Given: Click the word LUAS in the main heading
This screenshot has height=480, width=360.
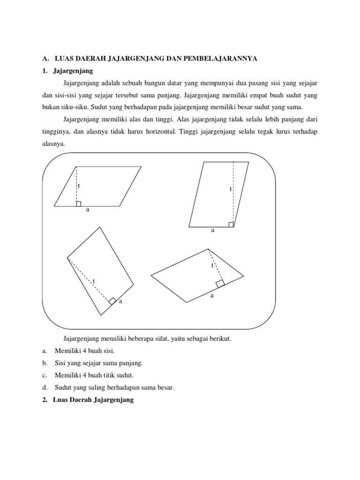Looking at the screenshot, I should pos(64,59).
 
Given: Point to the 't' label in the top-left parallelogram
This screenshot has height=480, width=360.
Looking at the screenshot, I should pos(79,186).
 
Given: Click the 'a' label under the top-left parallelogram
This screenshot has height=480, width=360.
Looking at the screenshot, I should pos(87,210).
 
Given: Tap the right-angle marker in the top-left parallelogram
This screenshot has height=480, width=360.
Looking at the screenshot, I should pos(79,203).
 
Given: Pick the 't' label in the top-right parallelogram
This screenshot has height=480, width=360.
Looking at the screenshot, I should pos(230,189).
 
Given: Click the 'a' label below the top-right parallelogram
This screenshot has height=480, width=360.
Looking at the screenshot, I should pos(213,230).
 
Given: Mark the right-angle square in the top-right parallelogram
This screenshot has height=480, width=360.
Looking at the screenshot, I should pos(231,224).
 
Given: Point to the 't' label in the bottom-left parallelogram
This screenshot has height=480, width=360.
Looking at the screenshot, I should pos(94,281).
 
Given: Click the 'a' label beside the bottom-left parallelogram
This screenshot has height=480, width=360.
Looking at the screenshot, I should pos(120,301).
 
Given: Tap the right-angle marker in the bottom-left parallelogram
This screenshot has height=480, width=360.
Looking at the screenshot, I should pos(112,301).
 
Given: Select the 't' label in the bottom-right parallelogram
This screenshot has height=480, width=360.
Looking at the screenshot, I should pos(212,265).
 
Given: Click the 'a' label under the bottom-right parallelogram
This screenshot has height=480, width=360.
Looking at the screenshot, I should pos(212,296).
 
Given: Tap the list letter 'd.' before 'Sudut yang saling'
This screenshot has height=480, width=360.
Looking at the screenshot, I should pos(45,388).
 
